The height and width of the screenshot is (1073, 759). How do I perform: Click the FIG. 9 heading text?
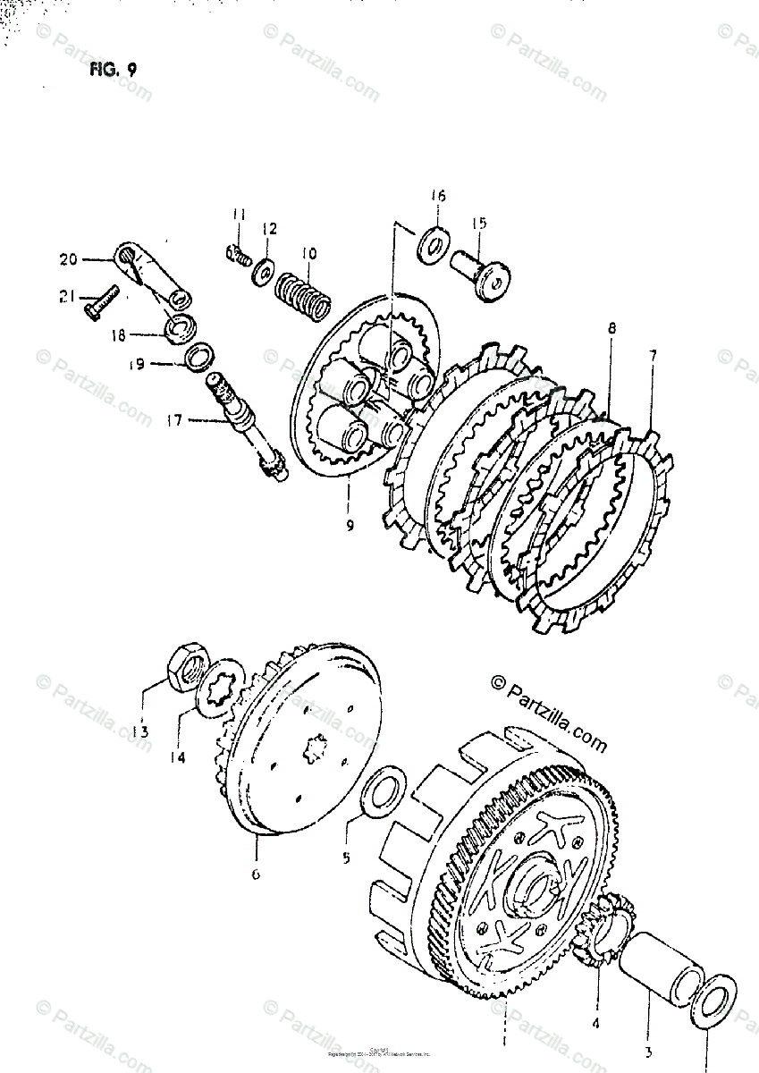[112, 71]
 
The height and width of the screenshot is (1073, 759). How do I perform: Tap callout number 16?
[437, 196]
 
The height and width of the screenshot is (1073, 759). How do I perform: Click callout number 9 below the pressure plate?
[349, 526]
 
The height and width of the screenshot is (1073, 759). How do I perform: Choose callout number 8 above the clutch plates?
[611, 329]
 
